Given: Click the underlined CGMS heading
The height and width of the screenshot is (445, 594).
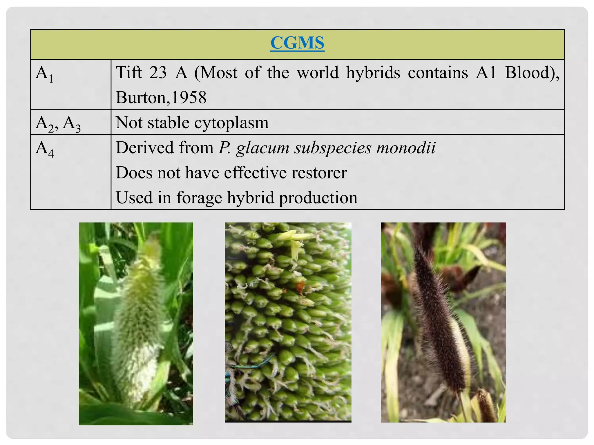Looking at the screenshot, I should [297, 43].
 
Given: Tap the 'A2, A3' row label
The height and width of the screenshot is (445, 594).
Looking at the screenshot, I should [58, 123].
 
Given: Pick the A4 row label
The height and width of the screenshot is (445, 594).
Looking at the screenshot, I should [45, 149].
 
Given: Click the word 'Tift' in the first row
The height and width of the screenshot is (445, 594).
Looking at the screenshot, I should [129, 72].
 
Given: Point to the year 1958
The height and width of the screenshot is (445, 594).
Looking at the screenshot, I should [189, 98].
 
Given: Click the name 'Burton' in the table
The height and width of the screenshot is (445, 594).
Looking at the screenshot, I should [141, 98].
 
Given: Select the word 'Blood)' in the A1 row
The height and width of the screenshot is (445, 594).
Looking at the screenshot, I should [532, 72].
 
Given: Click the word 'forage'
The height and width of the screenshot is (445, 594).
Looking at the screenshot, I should [199, 198].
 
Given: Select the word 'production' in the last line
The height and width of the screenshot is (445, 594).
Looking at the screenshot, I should [318, 198].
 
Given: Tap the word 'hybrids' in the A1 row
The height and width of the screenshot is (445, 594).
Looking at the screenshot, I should [373, 72].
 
